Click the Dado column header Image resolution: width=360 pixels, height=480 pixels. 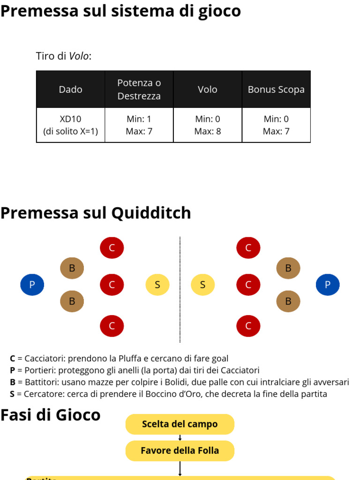[x=70, y=90]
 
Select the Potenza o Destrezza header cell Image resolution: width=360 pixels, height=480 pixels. [x=139, y=90]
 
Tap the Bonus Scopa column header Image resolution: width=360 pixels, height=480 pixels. [x=276, y=90]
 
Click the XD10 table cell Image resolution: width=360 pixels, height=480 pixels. [x=70, y=125]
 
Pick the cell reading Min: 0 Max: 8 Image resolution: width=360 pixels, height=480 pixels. [x=208, y=125]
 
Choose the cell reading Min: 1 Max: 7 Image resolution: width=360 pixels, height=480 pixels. [x=139, y=125]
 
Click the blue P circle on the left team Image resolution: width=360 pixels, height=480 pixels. [x=32, y=285]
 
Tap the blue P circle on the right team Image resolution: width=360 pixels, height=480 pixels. [x=328, y=285]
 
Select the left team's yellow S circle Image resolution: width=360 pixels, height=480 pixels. [x=157, y=285]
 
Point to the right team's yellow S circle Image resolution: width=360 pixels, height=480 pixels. [x=202, y=285]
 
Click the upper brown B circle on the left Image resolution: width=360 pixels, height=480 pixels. [x=72, y=268]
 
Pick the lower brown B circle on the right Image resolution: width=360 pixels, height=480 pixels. [x=288, y=301]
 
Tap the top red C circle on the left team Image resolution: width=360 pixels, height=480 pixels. [x=112, y=248]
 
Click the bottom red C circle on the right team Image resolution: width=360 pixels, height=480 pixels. [x=248, y=326]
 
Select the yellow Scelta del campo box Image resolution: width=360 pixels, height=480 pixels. [x=180, y=424]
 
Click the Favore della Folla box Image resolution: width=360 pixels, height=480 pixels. [x=180, y=450]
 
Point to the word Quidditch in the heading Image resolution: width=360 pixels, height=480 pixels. [x=151, y=213]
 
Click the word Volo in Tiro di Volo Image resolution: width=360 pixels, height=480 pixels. [x=79, y=56]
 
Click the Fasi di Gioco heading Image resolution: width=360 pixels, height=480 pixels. [x=50, y=415]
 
